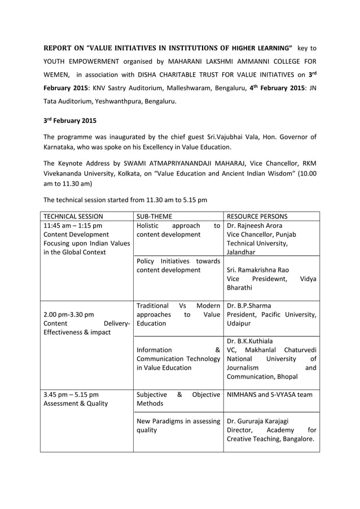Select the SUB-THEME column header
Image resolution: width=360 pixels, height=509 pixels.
pyautogui.click(x=156, y=216)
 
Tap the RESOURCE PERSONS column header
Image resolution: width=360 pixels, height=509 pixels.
pyautogui.click(x=256, y=216)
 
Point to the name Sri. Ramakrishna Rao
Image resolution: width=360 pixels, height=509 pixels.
pyautogui.click(x=258, y=269)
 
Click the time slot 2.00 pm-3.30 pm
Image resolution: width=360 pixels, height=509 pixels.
pyautogui.click(x=69, y=314)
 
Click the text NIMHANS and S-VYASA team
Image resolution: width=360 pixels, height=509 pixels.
pyautogui.click(x=269, y=394)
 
